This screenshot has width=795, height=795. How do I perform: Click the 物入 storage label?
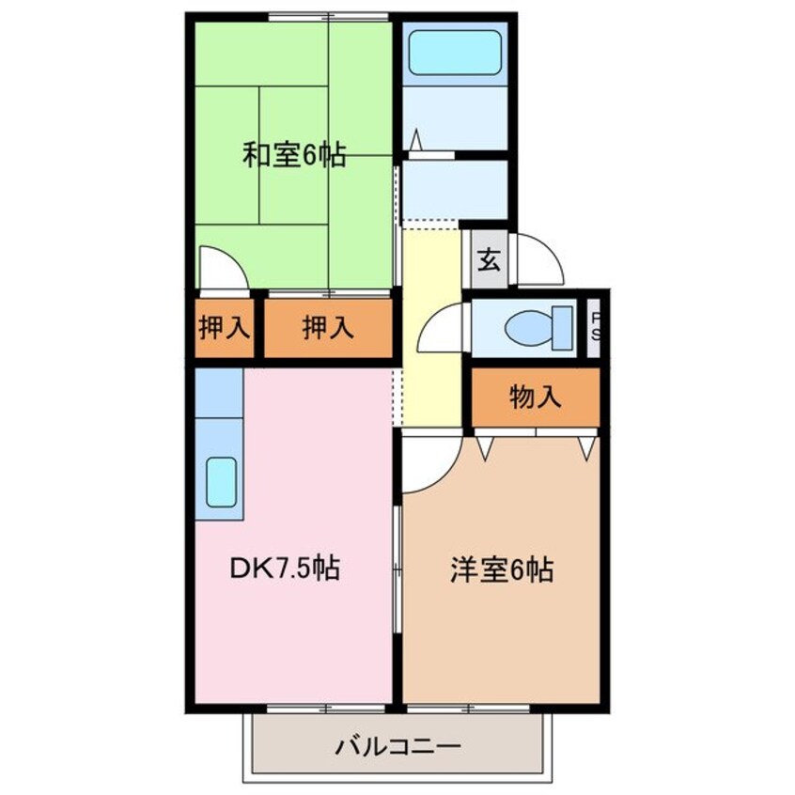tap(536, 397)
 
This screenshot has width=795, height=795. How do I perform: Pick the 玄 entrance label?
tap(488, 258)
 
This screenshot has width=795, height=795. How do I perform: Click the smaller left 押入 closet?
tap(226, 328)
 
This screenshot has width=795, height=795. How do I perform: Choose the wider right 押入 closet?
tap(328, 328)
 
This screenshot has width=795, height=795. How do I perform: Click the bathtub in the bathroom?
tap(455, 53)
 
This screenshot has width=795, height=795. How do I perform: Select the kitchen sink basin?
tap(222, 481)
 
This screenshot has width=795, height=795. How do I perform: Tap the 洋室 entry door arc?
tap(428, 465)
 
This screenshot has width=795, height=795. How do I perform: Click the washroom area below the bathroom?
tap(455, 188)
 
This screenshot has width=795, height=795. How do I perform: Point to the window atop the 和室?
tap(328, 17)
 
